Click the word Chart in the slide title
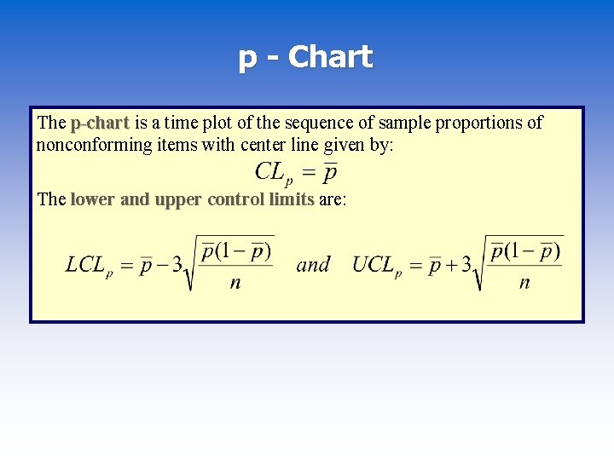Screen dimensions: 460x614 pyautogui.click(x=330, y=57)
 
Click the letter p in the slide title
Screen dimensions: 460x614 pyautogui.click(x=248, y=59)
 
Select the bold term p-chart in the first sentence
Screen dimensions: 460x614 pyautogui.click(x=100, y=123)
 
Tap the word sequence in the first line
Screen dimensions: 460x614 pyautogui.click(x=327, y=123)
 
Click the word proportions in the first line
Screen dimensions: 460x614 pyautogui.click(x=480, y=123)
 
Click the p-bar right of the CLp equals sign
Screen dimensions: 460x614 pyautogui.click(x=330, y=173)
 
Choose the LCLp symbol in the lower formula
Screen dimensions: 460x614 pyautogui.click(x=89, y=265)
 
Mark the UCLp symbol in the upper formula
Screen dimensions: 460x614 pyautogui.click(x=376, y=265)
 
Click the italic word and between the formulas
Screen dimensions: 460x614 pyautogui.click(x=313, y=265)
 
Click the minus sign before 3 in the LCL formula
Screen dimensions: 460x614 pyautogui.click(x=163, y=265)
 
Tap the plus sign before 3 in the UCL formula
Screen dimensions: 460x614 pyautogui.click(x=452, y=265)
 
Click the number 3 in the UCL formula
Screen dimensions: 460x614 pyautogui.click(x=466, y=265)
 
